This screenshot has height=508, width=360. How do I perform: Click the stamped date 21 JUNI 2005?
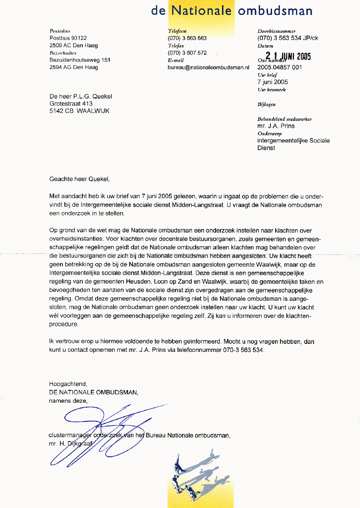coord(288,56)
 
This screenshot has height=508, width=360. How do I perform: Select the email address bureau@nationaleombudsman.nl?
coord(208,68)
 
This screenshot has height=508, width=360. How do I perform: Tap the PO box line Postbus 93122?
coord(68,38)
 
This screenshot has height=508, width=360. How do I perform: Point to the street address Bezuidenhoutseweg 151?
coord(80,60)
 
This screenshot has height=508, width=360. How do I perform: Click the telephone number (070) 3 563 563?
coord(187,38)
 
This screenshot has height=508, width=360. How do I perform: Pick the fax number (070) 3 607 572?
coord(187,53)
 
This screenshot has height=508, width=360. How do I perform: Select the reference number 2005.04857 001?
coord(280,67)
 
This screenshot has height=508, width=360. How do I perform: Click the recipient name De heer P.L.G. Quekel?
coord(81,96)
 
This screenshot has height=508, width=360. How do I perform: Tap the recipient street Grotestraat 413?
coord(71,104)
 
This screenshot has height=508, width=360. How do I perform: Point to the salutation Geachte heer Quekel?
coord(79,179)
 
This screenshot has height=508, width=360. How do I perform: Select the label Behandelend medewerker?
coord(285,119)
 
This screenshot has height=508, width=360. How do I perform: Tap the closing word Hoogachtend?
coord(68,384)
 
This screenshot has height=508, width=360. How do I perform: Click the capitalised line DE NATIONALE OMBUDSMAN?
coord(94,392)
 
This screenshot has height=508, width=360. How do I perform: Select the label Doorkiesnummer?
coord(276,31)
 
